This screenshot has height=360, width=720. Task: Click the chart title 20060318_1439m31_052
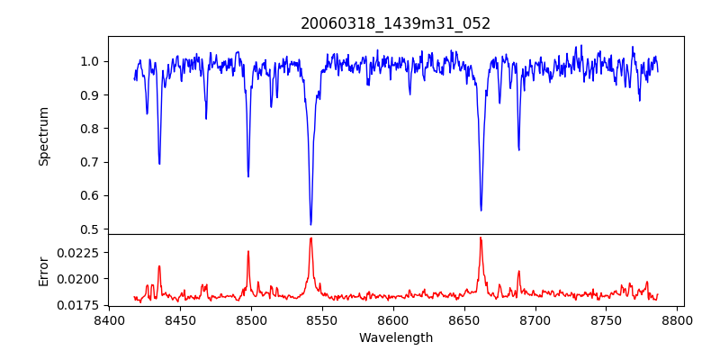pyautogui.click(x=396, y=23)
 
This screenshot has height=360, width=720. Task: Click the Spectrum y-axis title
pyautogui.click(x=43, y=136)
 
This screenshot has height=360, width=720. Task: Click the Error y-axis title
pyautogui.click(x=43, y=270)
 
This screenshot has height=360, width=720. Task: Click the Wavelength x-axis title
pyautogui.click(x=396, y=338)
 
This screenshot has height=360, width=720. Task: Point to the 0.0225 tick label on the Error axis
pyautogui.click(x=81, y=253)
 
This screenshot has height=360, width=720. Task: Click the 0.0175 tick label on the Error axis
pyautogui.click(x=81, y=305)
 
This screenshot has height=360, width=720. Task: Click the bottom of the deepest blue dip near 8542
pyautogui.click(x=310, y=224)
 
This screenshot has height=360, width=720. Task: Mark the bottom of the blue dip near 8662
pyautogui.click(x=481, y=211)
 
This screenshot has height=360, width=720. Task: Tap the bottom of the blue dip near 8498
pyautogui.click(x=248, y=176)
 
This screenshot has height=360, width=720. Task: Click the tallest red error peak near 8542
pyautogui.click(x=310, y=238)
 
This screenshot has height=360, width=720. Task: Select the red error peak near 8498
pyautogui.click(x=248, y=251)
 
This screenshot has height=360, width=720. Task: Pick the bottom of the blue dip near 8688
pyautogui.click(x=518, y=149)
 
